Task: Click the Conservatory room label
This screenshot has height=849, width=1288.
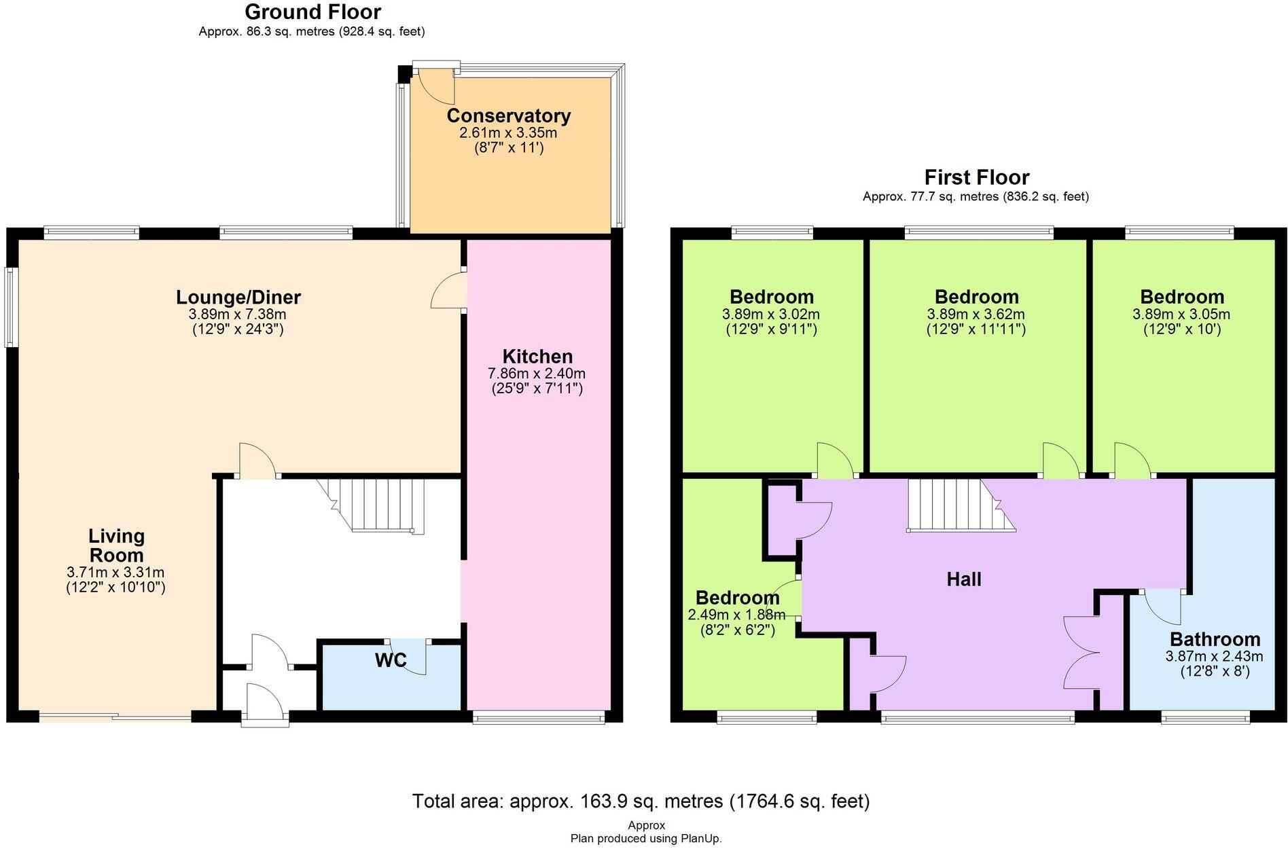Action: point(508,115)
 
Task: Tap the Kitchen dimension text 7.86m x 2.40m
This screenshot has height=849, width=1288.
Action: point(537,374)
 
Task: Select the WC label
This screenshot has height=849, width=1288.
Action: point(391,660)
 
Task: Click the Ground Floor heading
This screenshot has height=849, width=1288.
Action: point(312,12)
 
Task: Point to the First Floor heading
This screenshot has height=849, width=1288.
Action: point(976,177)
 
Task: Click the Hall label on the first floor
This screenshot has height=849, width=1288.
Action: point(963,579)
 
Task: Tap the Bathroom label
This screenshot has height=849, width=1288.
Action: point(1215,639)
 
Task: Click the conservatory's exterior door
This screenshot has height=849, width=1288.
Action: point(435,85)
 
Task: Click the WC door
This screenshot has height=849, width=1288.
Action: point(411,656)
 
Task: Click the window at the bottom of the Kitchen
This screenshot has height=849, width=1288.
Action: point(538,717)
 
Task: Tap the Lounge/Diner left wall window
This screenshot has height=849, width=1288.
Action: point(11,308)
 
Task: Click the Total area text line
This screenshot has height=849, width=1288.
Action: point(641,801)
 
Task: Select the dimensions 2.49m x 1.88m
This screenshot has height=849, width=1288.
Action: point(736,615)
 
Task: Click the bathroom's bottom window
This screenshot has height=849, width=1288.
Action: point(1204,717)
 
